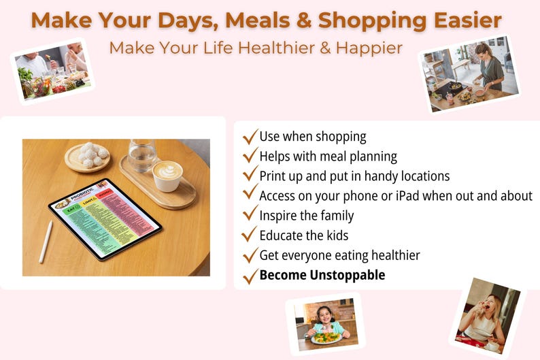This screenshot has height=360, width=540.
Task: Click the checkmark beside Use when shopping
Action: point(250,136)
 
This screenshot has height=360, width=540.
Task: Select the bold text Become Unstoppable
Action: point(322,276)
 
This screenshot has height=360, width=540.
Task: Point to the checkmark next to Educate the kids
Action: point(250,235)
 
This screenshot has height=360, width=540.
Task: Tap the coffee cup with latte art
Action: point(167,174)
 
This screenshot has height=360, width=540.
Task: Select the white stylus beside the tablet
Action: point(46,241)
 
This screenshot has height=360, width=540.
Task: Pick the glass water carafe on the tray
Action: point(141,154)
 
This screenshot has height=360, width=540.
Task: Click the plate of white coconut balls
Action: point(88,156)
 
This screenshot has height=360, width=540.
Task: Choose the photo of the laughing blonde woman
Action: point(488,316)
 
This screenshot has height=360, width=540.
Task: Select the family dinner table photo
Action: point(53,69)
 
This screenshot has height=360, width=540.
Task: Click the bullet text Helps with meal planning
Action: point(328,157)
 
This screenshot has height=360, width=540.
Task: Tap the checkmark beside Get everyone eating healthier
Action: point(250,255)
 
